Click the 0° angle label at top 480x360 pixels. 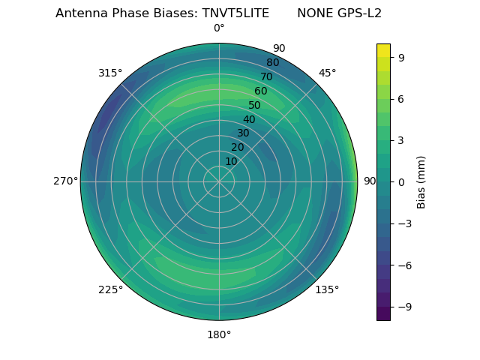[219, 28]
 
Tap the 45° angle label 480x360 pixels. [327, 73]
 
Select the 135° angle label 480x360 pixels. [327, 289]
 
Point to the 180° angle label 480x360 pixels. [219, 334]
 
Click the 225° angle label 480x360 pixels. [110, 289]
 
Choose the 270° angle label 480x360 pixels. [65, 181]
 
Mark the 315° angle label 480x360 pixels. [110, 73]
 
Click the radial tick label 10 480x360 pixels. [231, 161]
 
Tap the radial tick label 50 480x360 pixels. [255, 106]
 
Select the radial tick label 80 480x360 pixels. [273, 63]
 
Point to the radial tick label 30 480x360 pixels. [243, 133]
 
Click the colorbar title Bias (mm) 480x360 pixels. [421, 181]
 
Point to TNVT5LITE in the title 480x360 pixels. [235, 13]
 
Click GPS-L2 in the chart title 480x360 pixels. [360, 13]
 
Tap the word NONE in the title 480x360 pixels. [314, 13]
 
